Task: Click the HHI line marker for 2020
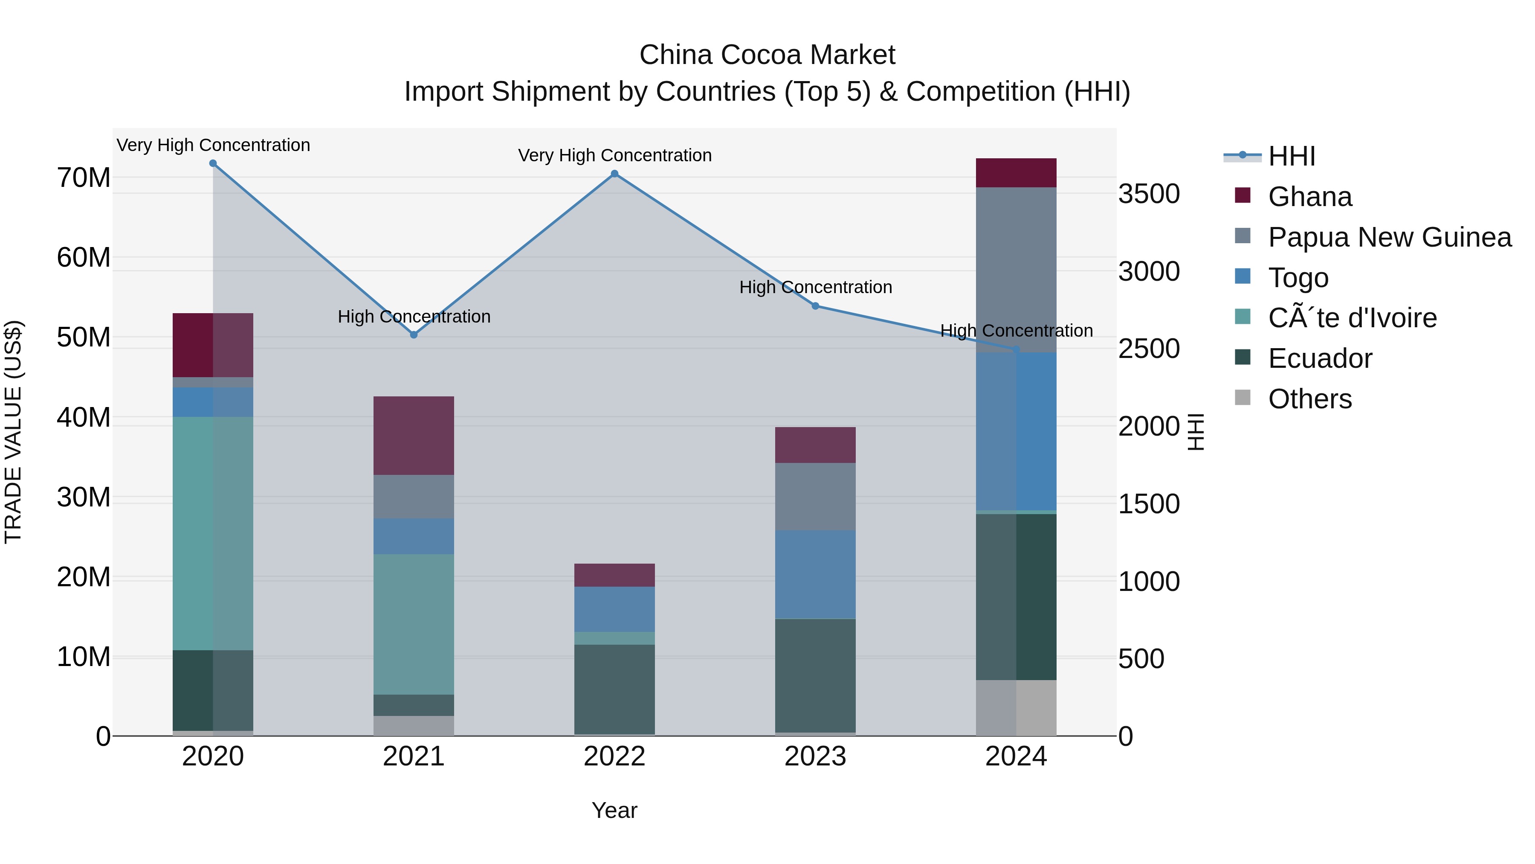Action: tap(213, 163)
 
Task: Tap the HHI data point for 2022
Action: tap(614, 174)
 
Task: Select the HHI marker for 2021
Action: tap(414, 335)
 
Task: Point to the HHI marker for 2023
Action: tap(815, 306)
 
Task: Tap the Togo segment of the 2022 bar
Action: tap(614, 609)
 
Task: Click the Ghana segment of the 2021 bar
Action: tap(414, 435)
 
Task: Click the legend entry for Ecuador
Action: tap(1319, 358)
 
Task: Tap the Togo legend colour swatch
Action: tap(1242, 276)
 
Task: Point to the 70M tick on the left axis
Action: tap(84, 177)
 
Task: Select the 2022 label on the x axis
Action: tap(614, 756)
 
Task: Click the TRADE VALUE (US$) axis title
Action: tap(13, 432)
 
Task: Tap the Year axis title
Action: tap(614, 810)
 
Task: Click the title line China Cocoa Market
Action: tap(767, 55)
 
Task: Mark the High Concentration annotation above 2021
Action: tap(414, 317)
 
